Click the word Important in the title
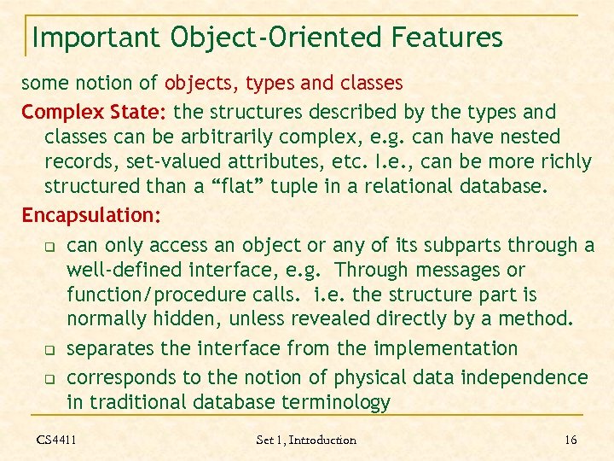[x=95, y=38]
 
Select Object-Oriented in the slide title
[x=278, y=38]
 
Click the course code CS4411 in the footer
[x=56, y=440]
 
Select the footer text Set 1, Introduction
[x=306, y=440]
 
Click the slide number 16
[x=571, y=440]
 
